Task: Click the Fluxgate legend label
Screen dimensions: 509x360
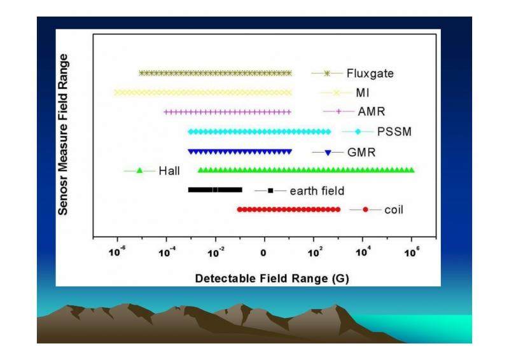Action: (370, 73)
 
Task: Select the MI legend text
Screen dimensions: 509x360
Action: (363, 93)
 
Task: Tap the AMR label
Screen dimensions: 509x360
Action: (372, 112)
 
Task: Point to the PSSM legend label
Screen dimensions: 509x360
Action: (394, 132)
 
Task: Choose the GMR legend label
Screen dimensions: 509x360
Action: (361, 152)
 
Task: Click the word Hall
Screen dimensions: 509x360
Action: (169, 170)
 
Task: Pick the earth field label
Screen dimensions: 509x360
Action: (317, 191)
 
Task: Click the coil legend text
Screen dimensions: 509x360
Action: (394, 210)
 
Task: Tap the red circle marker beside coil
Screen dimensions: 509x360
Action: (365, 210)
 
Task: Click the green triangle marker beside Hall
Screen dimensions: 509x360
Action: (139, 170)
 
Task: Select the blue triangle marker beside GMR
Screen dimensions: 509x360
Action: (328, 153)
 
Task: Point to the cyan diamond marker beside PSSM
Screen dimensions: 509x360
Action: (358, 132)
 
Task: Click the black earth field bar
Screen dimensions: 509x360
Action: (215, 190)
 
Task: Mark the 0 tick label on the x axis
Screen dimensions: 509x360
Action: (263, 253)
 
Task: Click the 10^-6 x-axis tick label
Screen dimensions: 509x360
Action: (117, 252)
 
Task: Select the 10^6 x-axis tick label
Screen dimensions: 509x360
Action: (412, 252)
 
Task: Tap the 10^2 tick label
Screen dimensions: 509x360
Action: (315, 252)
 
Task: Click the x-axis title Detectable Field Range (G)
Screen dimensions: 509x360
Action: (272, 279)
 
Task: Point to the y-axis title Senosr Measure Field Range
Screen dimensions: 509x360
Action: (63, 134)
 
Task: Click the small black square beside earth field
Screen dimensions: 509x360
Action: (270, 191)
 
